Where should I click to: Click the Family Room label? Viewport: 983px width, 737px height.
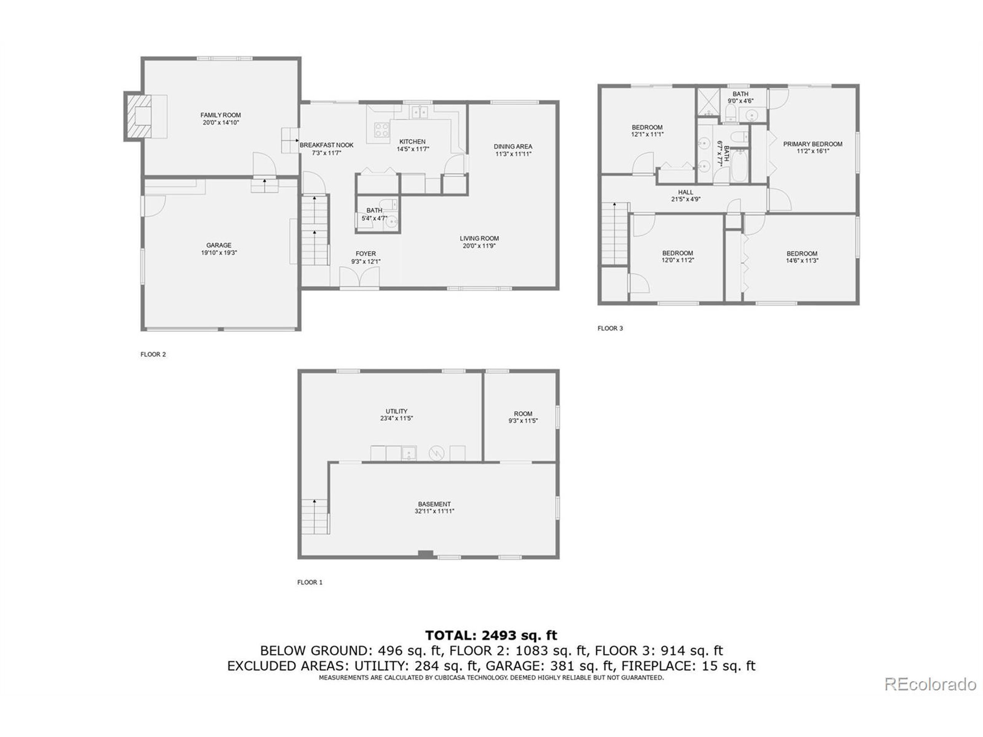point(220,115)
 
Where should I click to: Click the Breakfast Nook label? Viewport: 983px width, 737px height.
point(327,145)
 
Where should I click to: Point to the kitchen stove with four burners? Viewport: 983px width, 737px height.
point(382,129)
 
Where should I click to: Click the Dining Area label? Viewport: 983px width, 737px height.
point(513,147)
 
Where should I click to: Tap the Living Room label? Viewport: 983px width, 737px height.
point(479,238)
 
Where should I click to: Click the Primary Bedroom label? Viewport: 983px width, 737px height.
point(813,144)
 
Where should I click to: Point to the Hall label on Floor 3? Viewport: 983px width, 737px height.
point(685,192)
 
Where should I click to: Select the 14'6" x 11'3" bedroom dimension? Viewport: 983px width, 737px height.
point(802,261)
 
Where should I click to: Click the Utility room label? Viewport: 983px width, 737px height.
point(396,411)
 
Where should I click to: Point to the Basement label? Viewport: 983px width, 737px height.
point(434,504)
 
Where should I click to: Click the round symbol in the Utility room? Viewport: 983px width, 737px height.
point(436,453)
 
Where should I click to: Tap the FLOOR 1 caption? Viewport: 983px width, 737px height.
point(310,582)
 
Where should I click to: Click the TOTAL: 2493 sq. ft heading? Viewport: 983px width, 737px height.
point(491,635)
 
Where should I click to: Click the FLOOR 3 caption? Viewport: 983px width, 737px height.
point(610,328)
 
